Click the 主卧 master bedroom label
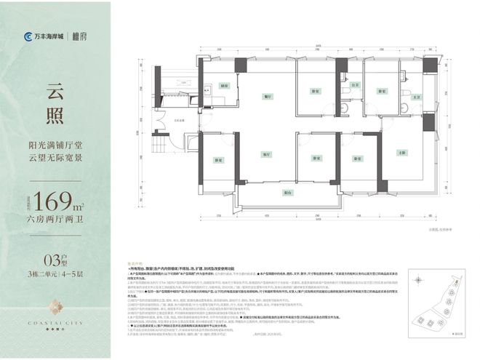click(402, 153)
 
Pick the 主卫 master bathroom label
click(417, 97)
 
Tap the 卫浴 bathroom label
click(356, 85)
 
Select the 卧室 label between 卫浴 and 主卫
click(381, 92)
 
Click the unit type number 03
click(49, 257)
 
